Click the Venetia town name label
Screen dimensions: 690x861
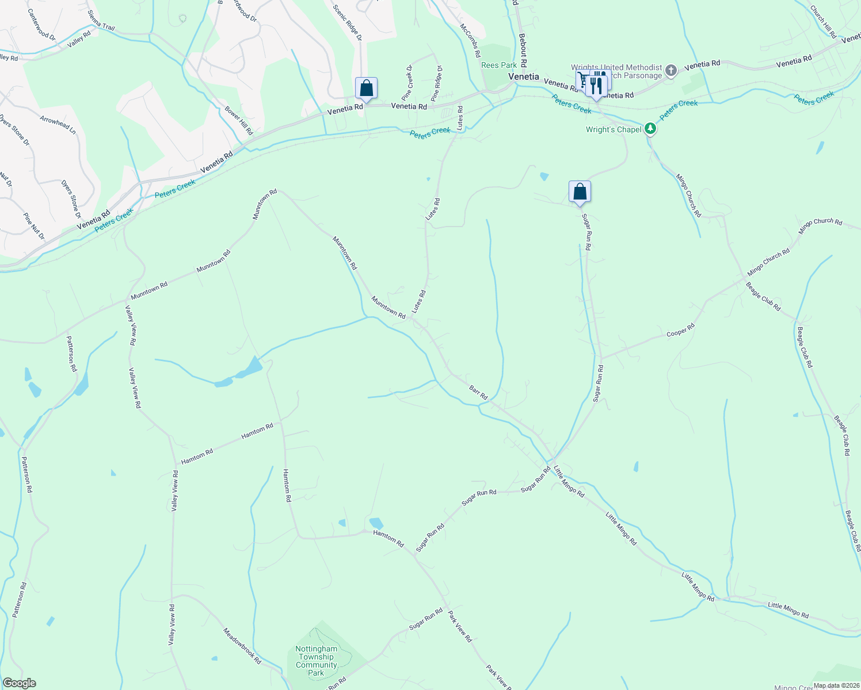click(523, 76)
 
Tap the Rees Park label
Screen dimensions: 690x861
click(498, 66)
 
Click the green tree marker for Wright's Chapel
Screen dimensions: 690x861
click(650, 129)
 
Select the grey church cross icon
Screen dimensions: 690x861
click(670, 71)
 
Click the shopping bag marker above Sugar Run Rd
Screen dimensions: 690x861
click(580, 192)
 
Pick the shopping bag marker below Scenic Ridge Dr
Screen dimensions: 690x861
click(366, 89)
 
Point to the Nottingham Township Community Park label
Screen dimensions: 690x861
click(316, 661)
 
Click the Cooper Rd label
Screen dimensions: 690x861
click(680, 330)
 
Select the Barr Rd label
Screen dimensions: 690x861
click(478, 393)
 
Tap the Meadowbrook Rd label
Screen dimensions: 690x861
click(242, 646)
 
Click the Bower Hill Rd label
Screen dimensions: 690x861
click(238, 120)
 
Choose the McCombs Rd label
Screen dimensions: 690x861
click(470, 40)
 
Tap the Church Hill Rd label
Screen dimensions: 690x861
click(823, 22)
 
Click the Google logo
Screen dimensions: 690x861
click(18, 683)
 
